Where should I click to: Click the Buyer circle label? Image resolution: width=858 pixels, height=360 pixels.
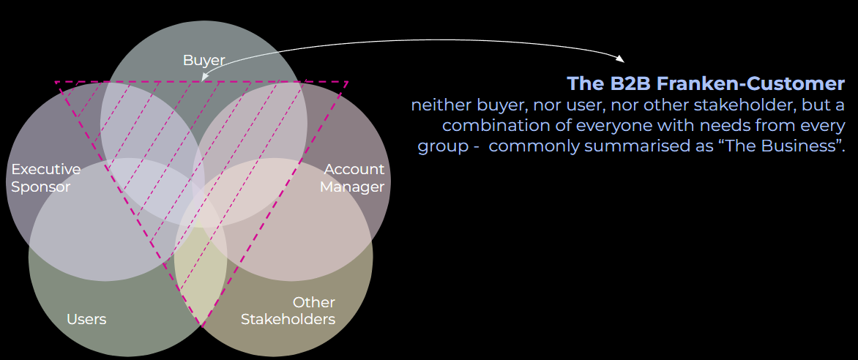point(204,60)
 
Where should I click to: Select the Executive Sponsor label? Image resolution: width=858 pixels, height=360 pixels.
point(45,178)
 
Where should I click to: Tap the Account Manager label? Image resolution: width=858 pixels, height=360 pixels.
point(353,178)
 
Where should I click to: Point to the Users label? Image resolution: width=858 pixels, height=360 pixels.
point(86,319)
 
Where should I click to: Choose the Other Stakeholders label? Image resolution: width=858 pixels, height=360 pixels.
point(288,311)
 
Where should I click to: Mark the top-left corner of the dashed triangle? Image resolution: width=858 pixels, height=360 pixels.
point(56,82)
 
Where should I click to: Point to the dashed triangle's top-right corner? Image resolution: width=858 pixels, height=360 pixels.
point(347,82)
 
